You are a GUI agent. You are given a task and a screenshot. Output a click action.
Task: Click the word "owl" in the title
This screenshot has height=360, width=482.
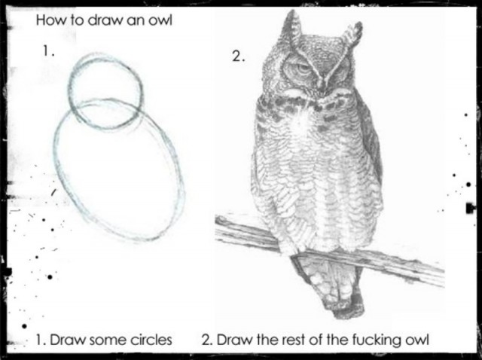(x=160, y=20)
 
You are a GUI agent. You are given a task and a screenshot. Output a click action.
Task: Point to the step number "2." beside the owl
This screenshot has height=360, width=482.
(x=238, y=56)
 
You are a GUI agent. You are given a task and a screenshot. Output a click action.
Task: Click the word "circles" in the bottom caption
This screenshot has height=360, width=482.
(x=151, y=340)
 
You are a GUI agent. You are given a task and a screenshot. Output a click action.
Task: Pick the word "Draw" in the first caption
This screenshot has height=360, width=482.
(x=68, y=340)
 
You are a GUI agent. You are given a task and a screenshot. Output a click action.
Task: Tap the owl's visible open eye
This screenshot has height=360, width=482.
(x=303, y=69)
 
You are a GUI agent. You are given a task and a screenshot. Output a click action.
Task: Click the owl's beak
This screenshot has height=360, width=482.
(x=322, y=84)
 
